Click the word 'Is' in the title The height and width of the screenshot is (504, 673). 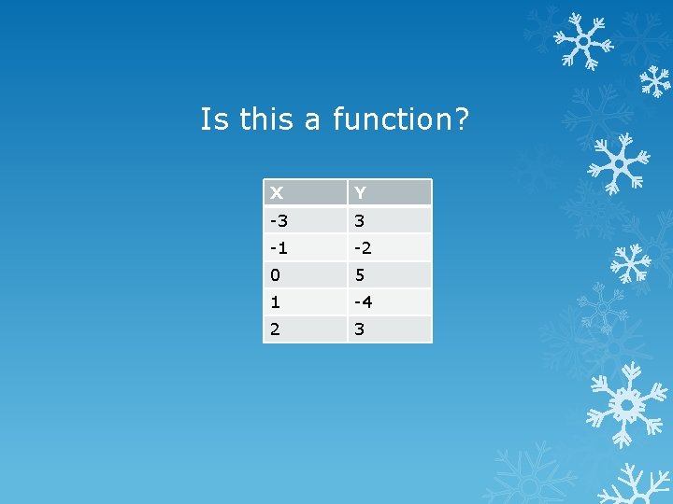(x=214, y=119)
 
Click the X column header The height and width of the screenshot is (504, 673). (x=305, y=193)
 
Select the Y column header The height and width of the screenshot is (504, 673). (x=390, y=193)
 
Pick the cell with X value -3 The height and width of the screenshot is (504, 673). (x=305, y=220)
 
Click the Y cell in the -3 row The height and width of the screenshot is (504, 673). (x=390, y=220)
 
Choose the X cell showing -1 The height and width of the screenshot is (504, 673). (x=305, y=247)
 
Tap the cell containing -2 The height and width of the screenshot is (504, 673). (x=390, y=247)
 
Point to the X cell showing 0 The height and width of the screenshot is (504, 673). (x=305, y=275)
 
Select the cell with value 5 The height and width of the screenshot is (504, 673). (x=390, y=275)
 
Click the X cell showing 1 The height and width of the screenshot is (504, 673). (x=305, y=302)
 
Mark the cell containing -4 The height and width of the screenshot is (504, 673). (x=390, y=302)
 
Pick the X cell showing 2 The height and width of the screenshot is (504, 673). (x=305, y=329)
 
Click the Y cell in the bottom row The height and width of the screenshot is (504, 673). (x=390, y=329)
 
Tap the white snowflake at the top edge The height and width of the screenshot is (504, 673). (x=582, y=40)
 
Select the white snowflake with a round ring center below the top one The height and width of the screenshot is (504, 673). (x=618, y=162)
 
